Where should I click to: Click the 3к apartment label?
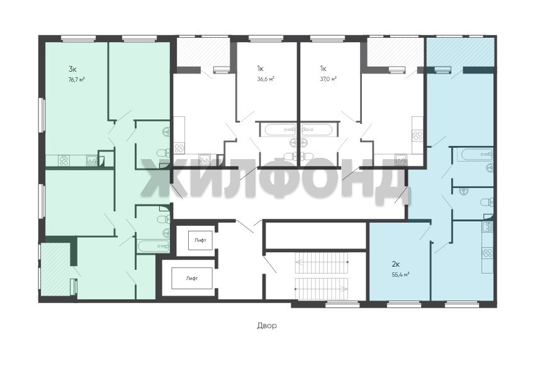click(x=72, y=69)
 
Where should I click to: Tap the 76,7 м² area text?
click(x=77, y=79)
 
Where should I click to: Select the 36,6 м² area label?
click(x=266, y=79)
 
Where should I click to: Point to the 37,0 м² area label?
click(x=328, y=79)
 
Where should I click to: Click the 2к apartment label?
click(x=396, y=263)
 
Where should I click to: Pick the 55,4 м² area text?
click(x=400, y=275)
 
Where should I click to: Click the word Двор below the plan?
click(x=267, y=326)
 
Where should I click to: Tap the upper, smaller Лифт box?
click(x=200, y=240)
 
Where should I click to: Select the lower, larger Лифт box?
click(x=192, y=278)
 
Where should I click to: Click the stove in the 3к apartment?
click(x=64, y=161)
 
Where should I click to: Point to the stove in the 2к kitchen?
click(x=488, y=253)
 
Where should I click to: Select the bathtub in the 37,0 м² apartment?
click(x=317, y=130)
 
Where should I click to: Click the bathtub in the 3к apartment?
click(x=154, y=246)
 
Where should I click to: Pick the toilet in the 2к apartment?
click(x=487, y=202)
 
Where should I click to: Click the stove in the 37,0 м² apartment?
click(x=417, y=135)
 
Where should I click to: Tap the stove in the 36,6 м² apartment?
click(x=179, y=148)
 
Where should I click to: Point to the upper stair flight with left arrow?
click(x=322, y=262)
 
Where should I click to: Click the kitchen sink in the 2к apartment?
click(x=488, y=227)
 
